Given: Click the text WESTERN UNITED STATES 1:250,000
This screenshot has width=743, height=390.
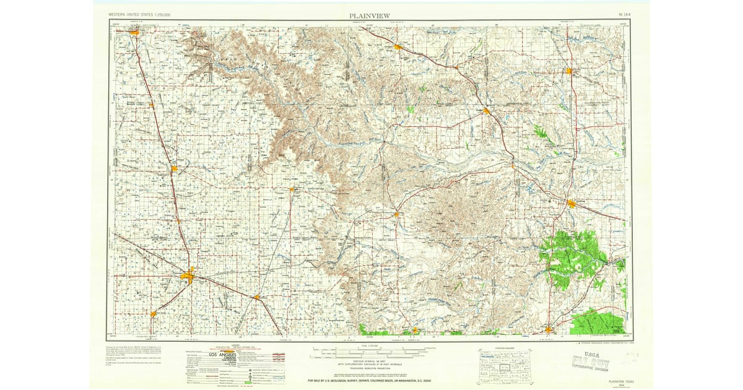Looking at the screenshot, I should click(140, 14).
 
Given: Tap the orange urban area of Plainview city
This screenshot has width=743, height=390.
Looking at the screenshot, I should click(188, 276).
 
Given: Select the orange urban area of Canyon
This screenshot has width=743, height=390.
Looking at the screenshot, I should click(134, 32).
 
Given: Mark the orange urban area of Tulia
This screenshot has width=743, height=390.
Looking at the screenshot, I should click(175, 168).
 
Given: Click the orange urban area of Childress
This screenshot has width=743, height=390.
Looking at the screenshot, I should click(571, 203).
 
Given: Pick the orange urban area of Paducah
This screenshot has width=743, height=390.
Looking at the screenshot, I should click(548, 329).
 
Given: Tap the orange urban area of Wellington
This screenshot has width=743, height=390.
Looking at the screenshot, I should click(568, 71).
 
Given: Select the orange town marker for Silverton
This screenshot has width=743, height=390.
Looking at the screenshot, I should click(291, 189).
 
